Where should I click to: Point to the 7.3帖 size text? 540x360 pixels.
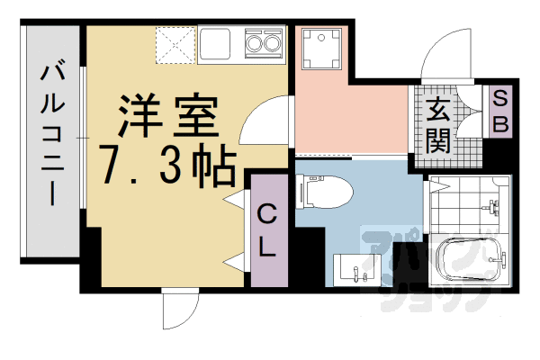point(167,163)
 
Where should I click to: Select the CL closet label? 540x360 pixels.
point(267,231)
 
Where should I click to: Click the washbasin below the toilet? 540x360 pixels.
point(357,269)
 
